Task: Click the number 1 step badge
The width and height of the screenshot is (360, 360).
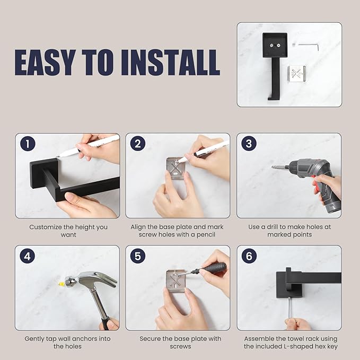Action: tap(28, 144)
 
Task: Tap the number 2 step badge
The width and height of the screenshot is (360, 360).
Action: tap(138, 144)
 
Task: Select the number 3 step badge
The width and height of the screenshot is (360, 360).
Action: tap(249, 144)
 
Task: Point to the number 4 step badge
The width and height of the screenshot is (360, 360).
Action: tap(28, 256)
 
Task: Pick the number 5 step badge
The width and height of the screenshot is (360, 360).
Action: tap(138, 256)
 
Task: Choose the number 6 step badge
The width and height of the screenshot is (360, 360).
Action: tap(249, 256)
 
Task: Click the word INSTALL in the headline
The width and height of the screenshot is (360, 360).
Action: tap(170, 63)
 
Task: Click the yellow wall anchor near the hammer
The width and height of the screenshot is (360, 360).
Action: tap(61, 284)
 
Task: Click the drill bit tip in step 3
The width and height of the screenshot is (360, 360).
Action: tap(273, 167)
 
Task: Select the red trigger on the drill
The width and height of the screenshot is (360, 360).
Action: tap(315, 187)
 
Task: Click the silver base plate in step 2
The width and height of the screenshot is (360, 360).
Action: tap(175, 169)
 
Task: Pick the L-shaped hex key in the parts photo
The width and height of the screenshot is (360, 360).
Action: tap(309, 46)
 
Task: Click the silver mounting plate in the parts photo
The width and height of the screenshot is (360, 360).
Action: tap(296, 74)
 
